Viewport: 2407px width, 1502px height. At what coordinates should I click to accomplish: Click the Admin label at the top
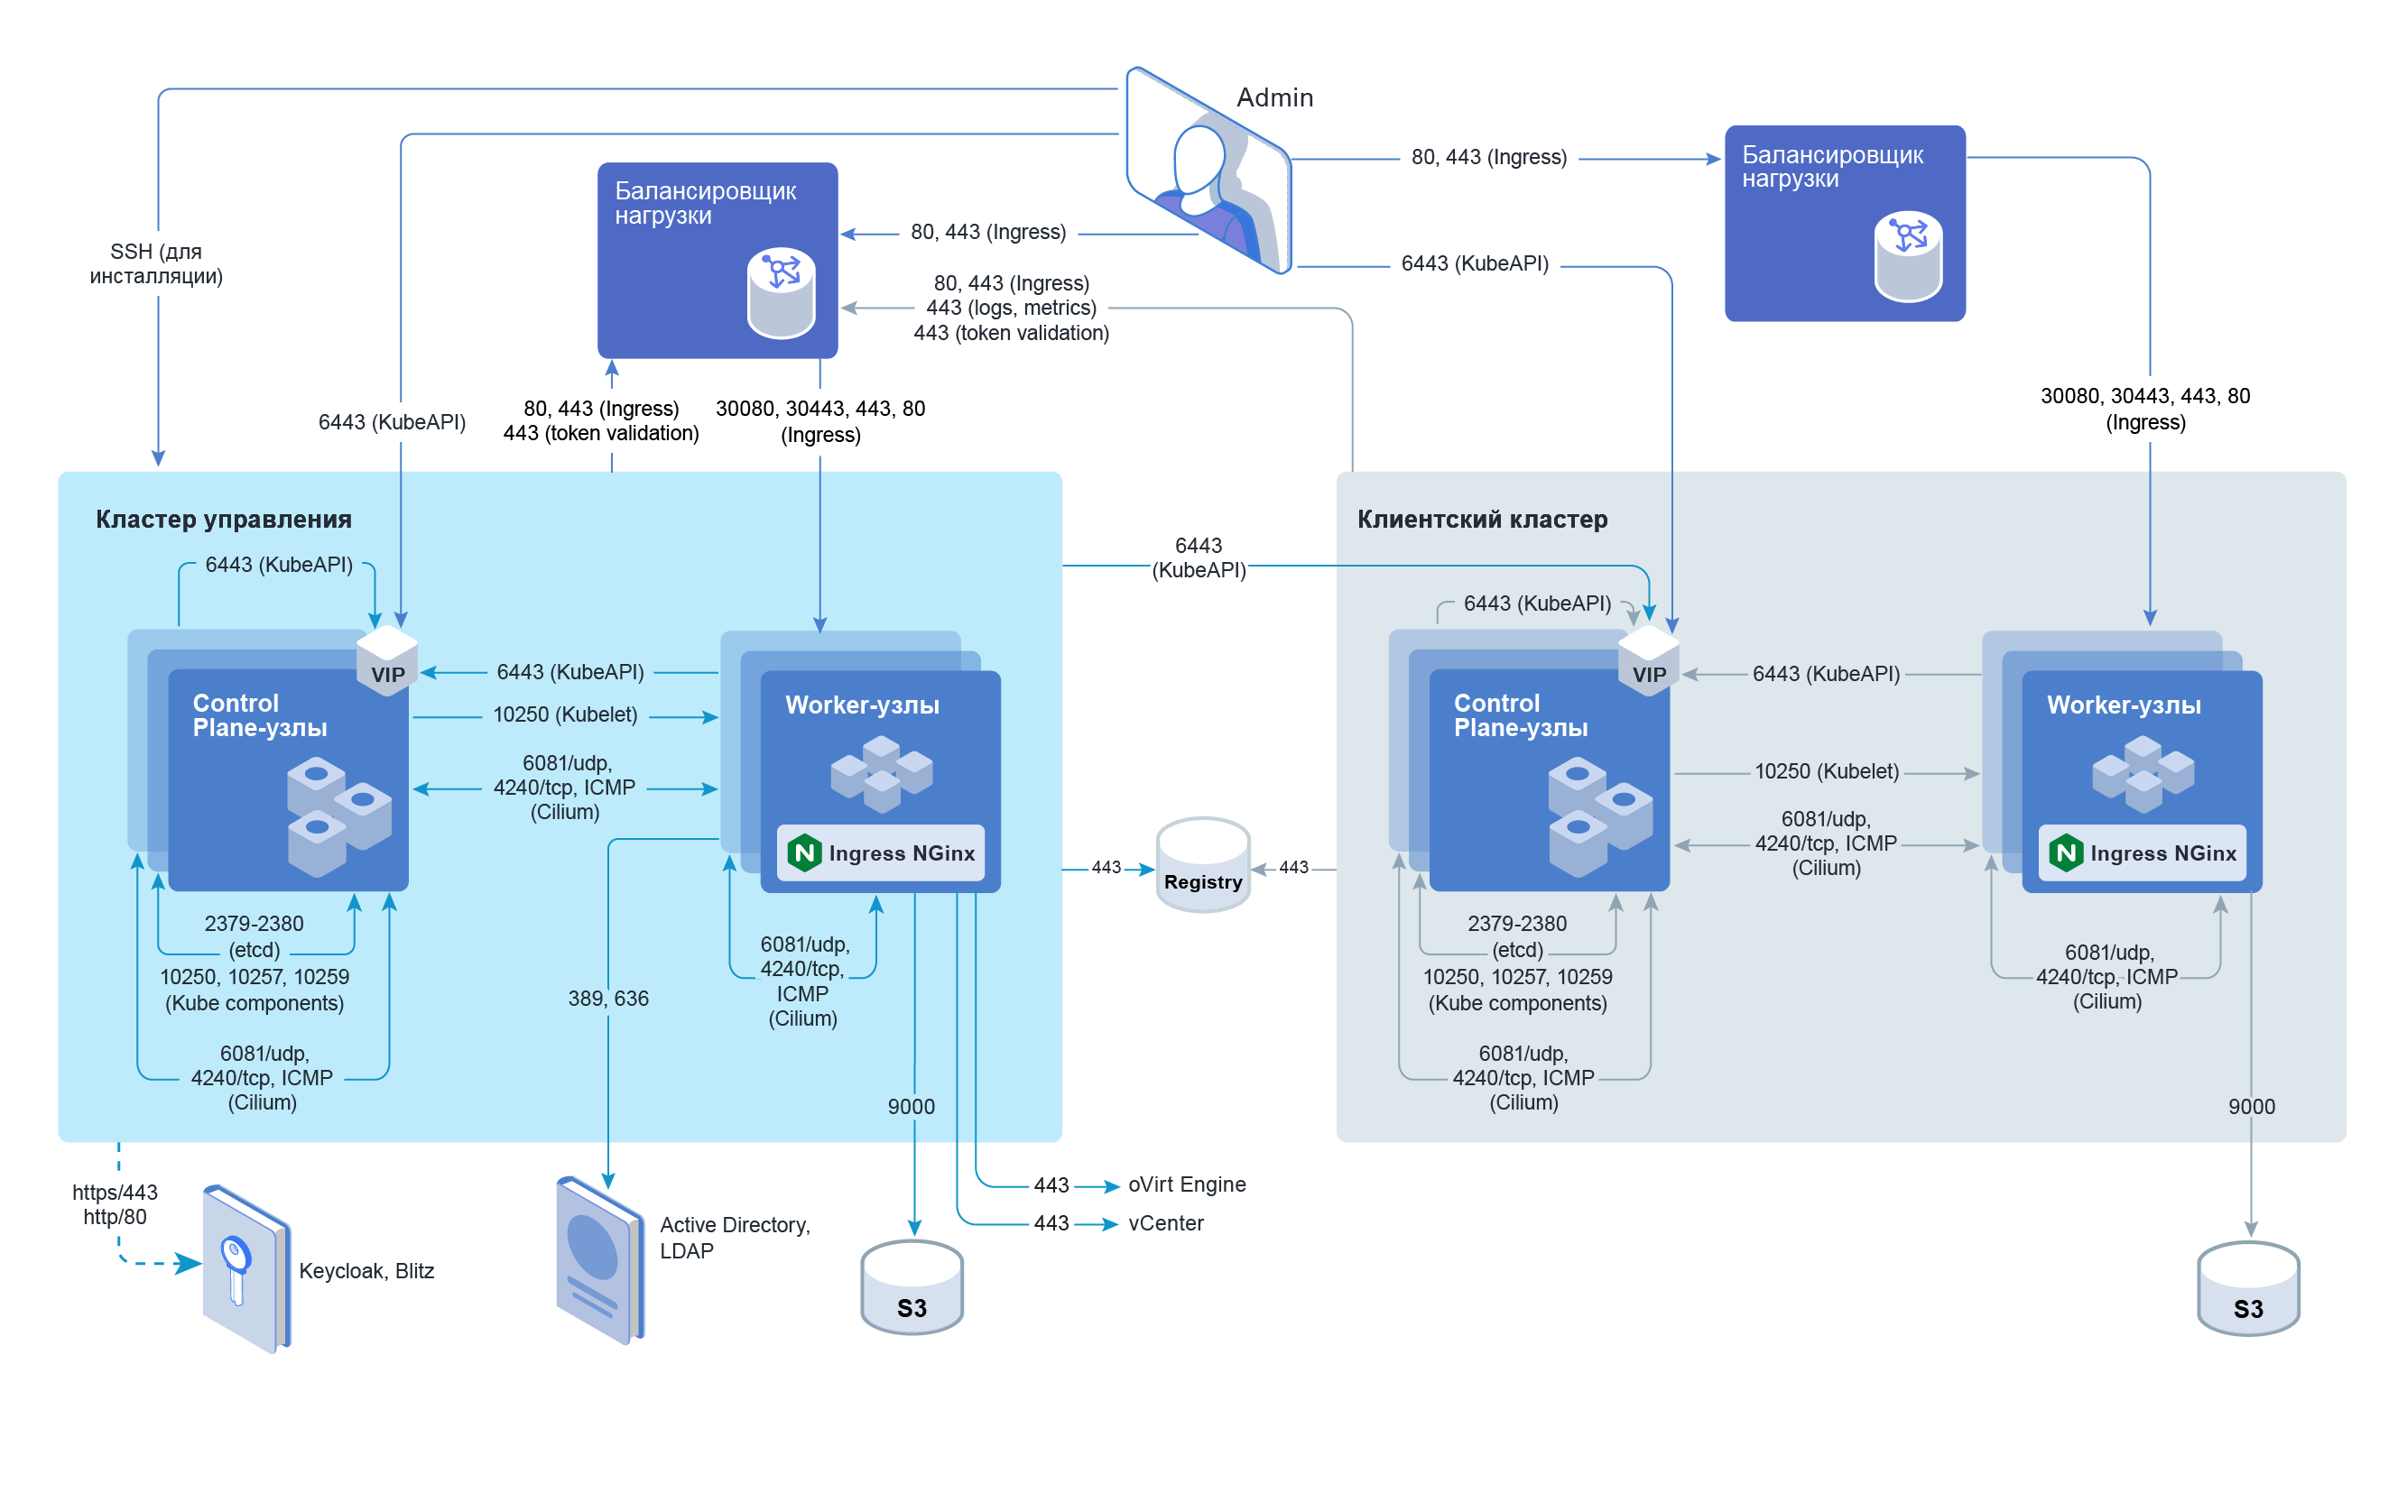(x=1274, y=97)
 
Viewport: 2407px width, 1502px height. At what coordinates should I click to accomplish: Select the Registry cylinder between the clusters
(x=1202, y=865)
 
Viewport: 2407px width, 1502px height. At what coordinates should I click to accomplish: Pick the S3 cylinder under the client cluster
(x=2248, y=1288)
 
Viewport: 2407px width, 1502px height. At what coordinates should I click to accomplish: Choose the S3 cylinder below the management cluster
(x=912, y=1287)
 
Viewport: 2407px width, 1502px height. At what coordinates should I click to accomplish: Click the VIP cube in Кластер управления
(x=386, y=660)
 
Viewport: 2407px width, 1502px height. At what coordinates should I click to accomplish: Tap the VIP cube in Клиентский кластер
(x=1648, y=660)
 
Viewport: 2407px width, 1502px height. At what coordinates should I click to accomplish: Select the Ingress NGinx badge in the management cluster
(x=881, y=853)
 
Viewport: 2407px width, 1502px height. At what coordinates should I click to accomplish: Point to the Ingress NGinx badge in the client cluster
(x=2142, y=853)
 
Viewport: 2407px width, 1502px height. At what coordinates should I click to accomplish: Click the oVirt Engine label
(x=1187, y=1184)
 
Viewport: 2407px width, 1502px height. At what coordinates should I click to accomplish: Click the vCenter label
(x=1166, y=1223)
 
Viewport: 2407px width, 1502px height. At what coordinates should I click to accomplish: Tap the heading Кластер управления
(x=224, y=520)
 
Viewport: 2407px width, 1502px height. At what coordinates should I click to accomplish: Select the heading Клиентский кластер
(x=1482, y=520)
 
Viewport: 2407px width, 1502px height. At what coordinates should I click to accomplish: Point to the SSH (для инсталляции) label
(x=156, y=264)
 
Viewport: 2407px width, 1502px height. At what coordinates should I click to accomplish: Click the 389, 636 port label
(x=608, y=999)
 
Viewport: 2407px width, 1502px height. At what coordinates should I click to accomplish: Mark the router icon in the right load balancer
(x=1907, y=256)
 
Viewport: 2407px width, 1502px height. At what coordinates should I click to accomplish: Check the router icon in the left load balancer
(x=782, y=293)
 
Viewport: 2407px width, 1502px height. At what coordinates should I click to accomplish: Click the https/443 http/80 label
(x=115, y=1204)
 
